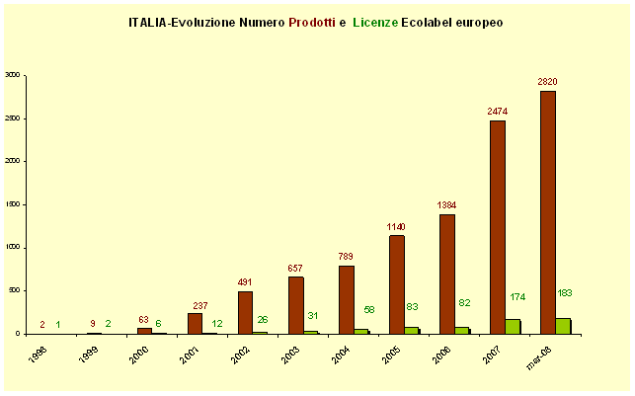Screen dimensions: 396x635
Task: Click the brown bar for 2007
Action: pyautogui.click(x=497, y=227)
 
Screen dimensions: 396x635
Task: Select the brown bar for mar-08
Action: pyautogui.click(x=547, y=212)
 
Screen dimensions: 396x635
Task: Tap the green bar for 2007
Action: pyautogui.click(x=512, y=326)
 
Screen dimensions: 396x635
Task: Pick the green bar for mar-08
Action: pyautogui.click(x=562, y=326)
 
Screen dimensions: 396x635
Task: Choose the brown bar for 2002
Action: pyautogui.click(x=245, y=312)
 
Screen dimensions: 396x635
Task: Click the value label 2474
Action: pyautogui.click(x=498, y=111)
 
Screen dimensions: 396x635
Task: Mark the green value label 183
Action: pyautogui.click(x=565, y=293)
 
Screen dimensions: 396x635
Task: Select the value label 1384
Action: pyautogui.click(x=446, y=204)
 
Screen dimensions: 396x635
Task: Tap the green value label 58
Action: pyautogui.click(x=368, y=309)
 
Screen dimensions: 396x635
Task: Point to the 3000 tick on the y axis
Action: pyautogui.click(x=12, y=74)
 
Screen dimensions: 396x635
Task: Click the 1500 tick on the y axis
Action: pyautogui.click(x=12, y=204)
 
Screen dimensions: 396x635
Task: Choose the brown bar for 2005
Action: pyautogui.click(x=396, y=284)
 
